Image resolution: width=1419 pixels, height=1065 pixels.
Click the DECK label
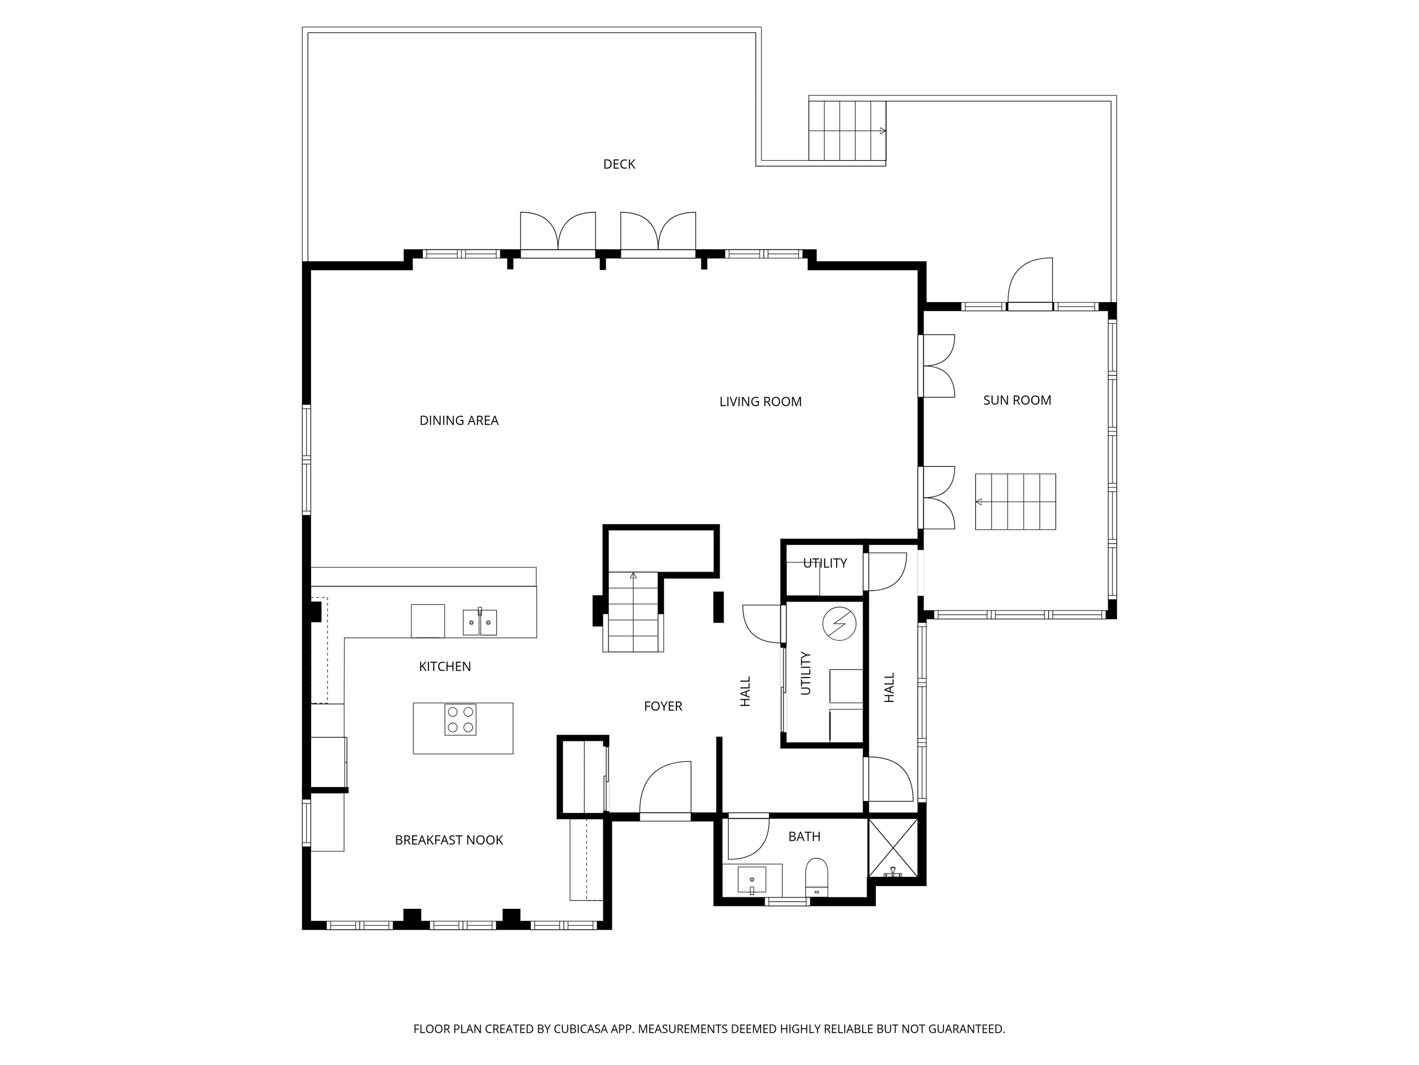tap(619, 164)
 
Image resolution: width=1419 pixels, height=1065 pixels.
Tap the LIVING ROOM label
tap(760, 402)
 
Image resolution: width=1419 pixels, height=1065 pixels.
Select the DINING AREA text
tap(459, 420)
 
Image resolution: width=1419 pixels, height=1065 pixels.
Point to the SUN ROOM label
tap(1017, 400)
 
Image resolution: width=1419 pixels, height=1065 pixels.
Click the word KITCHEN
tap(444, 666)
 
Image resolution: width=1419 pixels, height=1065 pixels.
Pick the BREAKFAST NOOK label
tap(448, 840)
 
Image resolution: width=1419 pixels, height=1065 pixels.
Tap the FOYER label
tap(662, 706)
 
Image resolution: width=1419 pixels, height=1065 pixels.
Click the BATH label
tap(804, 837)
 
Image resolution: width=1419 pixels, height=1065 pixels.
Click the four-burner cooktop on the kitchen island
tap(460, 719)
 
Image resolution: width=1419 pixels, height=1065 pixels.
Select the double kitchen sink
tap(480, 622)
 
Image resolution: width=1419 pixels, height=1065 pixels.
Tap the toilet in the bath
tap(817, 876)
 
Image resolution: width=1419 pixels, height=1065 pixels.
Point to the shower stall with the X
tap(892, 847)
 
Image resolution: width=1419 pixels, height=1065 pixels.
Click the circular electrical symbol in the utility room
tap(839, 623)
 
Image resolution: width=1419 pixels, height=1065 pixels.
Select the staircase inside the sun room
tap(1015, 502)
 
